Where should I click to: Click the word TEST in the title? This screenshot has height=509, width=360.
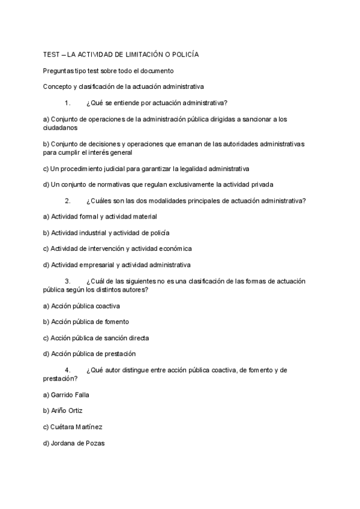point(52,55)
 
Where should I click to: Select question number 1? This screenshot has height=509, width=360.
point(67,103)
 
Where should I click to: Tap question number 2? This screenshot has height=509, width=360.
point(67,200)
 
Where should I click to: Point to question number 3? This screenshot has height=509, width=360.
point(67,281)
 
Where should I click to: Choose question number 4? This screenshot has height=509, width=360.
point(67,370)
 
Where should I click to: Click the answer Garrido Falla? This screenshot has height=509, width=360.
point(70,395)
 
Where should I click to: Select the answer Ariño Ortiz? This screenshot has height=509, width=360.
point(67,411)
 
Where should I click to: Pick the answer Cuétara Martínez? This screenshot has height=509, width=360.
point(77,427)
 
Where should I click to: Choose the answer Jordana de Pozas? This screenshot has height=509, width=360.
point(76,444)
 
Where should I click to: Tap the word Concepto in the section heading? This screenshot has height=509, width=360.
point(58,86)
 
